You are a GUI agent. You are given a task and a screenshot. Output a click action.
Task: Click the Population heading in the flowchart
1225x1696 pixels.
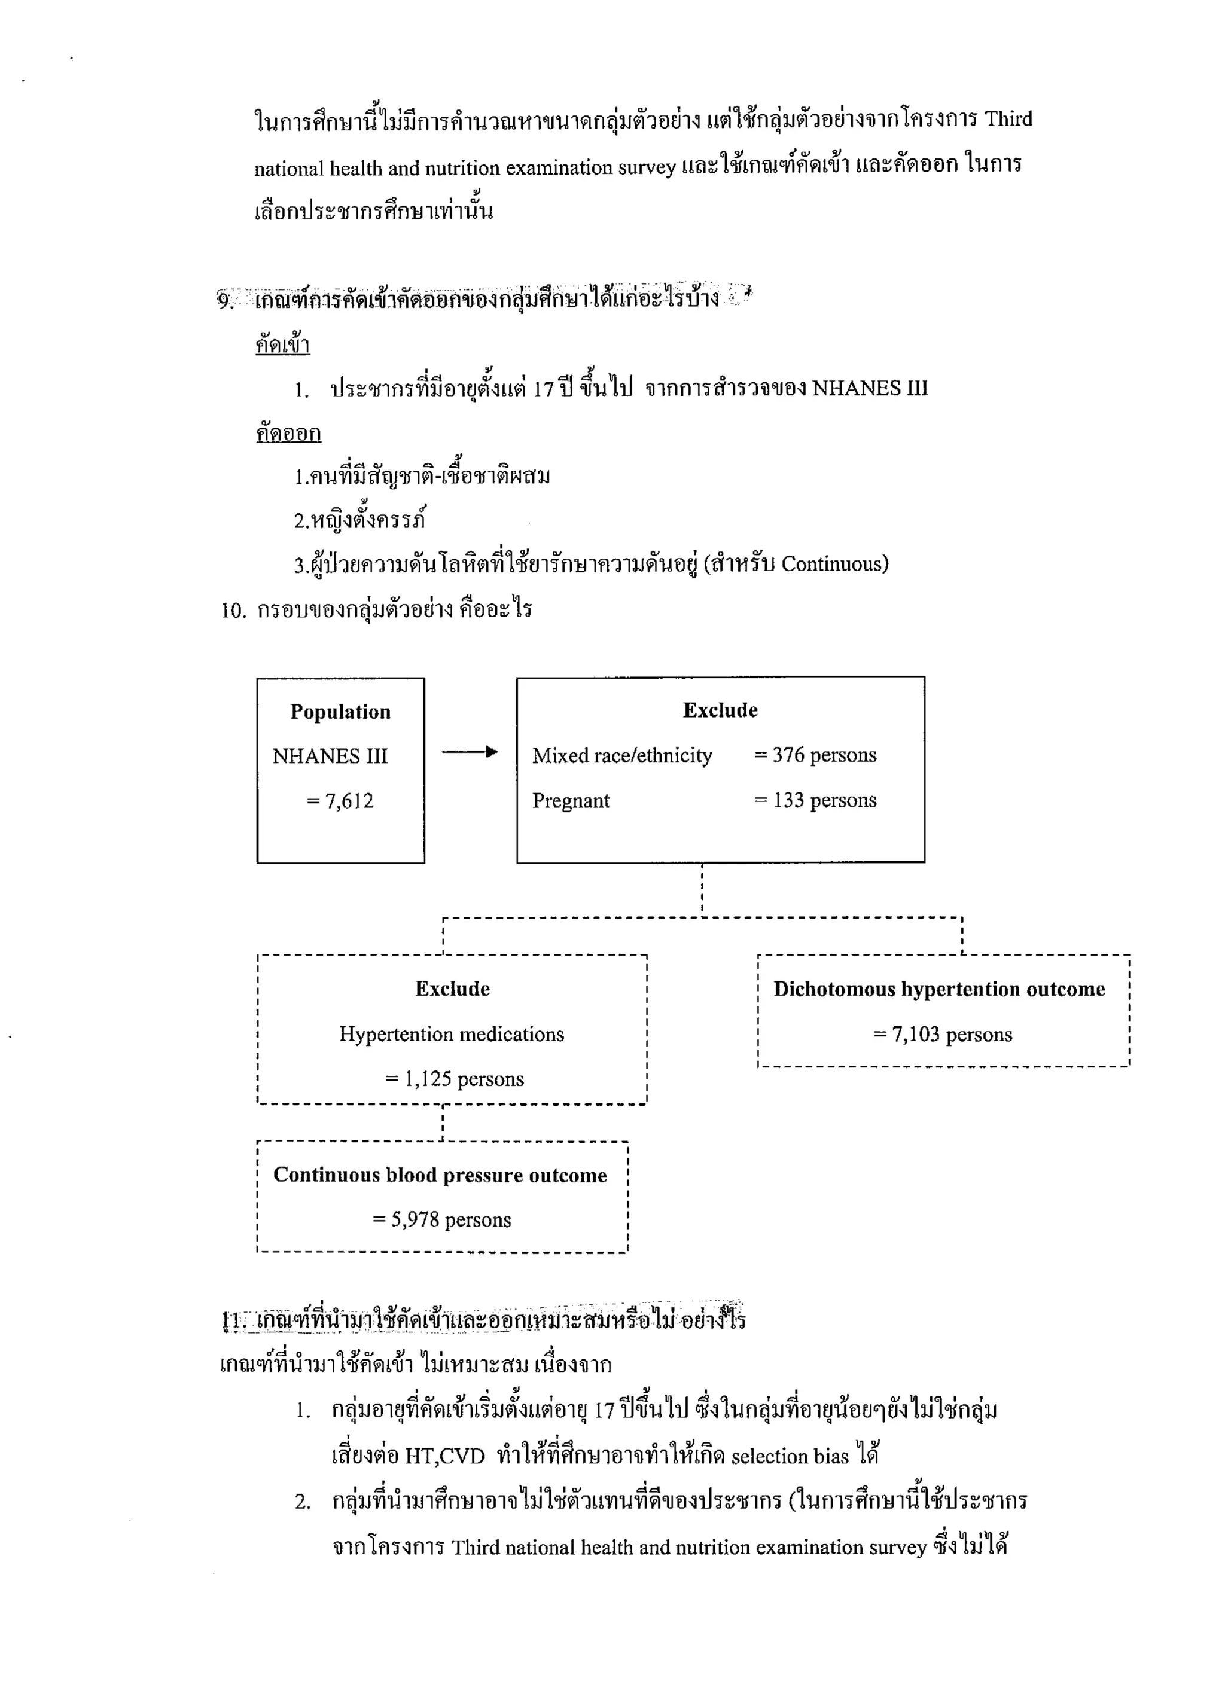coord(340,712)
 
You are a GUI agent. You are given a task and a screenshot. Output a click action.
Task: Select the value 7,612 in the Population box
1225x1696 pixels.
coord(340,801)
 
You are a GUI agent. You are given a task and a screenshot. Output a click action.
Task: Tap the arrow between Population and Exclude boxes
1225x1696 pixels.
coord(470,752)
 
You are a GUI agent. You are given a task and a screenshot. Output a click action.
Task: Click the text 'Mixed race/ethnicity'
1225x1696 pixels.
coord(621,756)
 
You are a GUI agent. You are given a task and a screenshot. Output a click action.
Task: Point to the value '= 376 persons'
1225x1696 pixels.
coord(815,755)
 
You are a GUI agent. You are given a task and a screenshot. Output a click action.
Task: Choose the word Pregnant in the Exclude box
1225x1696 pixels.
coord(571,801)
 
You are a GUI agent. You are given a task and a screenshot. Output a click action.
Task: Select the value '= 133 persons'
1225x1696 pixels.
coord(815,800)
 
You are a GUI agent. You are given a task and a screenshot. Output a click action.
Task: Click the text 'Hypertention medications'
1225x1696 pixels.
coord(452,1034)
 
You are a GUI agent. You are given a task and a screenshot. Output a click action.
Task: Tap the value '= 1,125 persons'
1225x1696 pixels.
coord(454,1079)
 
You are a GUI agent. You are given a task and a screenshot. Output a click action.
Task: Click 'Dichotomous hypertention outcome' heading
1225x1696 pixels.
coord(939,989)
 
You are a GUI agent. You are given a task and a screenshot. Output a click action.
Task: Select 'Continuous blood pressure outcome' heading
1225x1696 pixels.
coord(440,1175)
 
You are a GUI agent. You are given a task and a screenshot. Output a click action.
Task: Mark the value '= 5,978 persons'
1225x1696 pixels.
coord(441,1219)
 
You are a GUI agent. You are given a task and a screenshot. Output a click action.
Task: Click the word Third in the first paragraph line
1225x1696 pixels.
coord(1007,120)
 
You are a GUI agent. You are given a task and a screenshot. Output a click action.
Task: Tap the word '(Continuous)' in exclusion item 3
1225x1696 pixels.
coord(834,564)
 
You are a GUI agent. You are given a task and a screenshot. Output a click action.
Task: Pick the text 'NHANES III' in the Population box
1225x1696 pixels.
coord(330,756)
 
